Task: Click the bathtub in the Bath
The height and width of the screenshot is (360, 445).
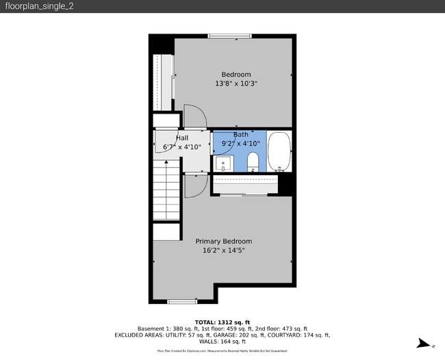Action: point(279,152)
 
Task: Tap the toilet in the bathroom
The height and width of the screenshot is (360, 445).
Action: point(253,162)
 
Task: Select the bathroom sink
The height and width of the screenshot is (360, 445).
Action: point(223,164)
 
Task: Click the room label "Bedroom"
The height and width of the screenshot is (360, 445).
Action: point(236,75)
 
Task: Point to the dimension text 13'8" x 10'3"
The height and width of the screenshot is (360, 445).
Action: point(236,84)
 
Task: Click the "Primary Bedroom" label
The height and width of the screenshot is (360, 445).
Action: point(223,242)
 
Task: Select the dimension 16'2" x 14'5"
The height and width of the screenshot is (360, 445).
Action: point(223,251)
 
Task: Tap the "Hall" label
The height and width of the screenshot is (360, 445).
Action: point(182,138)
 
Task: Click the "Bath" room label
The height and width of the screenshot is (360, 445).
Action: point(240,135)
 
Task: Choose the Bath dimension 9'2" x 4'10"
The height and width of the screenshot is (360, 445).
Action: point(240,144)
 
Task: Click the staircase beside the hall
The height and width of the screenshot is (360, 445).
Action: point(166,191)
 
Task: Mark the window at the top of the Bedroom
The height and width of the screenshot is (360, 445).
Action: point(229,36)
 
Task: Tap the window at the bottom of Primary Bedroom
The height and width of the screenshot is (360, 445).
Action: point(182,301)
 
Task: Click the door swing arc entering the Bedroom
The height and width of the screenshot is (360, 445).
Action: point(194,116)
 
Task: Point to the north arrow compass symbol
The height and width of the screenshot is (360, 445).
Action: point(424,344)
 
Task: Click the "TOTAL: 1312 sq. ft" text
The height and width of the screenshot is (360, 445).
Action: point(222,322)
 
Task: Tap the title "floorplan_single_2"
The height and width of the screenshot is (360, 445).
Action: point(31,6)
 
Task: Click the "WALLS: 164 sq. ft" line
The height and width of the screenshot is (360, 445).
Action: point(222,342)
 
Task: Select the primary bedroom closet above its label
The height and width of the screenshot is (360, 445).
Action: point(244,185)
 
